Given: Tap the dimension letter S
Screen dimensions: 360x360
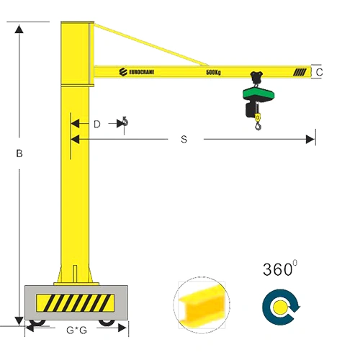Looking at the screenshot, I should coord(184,139).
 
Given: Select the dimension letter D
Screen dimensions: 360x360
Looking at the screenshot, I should coord(97,124).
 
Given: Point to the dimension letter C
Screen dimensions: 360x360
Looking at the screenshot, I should coord(319,71).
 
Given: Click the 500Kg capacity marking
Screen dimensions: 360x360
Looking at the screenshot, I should coord(213,72).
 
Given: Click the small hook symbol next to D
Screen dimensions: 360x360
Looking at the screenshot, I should coord(125,125).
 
